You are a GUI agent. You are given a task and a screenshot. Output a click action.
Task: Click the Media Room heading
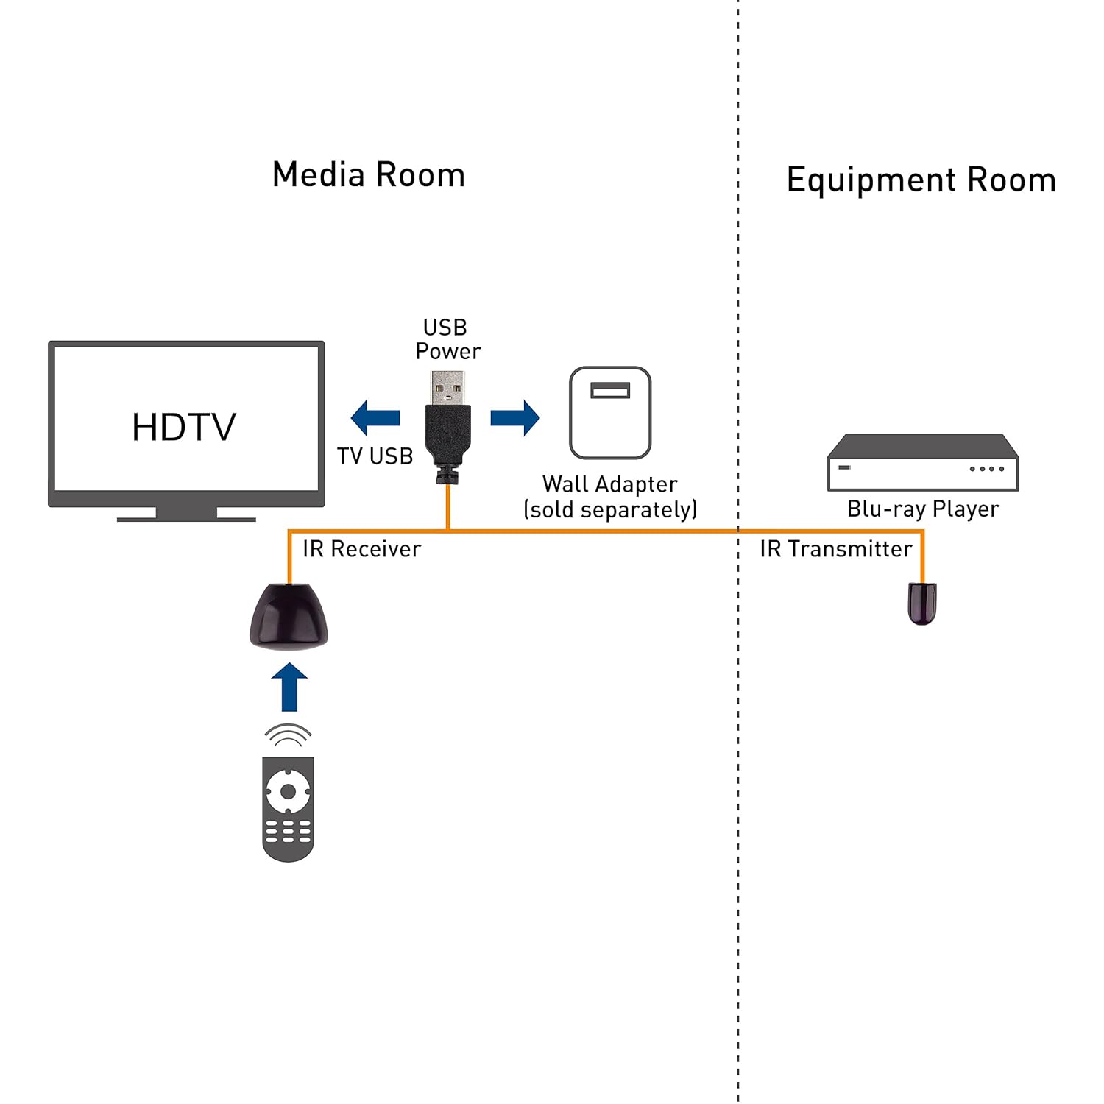(x=368, y=175)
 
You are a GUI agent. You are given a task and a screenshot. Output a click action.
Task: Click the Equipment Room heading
(x=921, y=180)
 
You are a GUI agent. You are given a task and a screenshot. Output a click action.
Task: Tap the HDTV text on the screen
(x=184, y=427)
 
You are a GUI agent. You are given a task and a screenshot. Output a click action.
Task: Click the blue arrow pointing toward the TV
(x=375, y=418)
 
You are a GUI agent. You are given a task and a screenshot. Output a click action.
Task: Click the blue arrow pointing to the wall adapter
(x=514, y=418)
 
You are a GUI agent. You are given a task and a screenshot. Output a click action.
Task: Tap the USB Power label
(x=447, y=339)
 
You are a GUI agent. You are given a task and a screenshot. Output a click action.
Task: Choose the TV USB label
(x=375, y=456)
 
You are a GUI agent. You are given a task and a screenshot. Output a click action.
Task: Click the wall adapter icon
(x=610, y=413)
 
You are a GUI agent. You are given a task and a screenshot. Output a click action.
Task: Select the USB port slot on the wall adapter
(x=610, y=390)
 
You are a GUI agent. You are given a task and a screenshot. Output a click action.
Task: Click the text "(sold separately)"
(x=610, y=509)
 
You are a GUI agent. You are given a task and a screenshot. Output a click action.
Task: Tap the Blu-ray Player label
(x=923, y=509)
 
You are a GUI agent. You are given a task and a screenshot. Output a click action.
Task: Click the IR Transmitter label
(x=835, y=549)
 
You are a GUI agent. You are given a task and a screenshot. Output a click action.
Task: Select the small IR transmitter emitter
(x=921, y=603)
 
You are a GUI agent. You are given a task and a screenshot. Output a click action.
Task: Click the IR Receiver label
(x=361, y=549)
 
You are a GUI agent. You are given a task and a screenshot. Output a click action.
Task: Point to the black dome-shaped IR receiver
(x=289, y=617)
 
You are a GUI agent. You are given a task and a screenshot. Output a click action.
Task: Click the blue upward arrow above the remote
(x=289, y=687)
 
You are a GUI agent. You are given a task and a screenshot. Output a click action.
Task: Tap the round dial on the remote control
(x=288, y=792)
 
